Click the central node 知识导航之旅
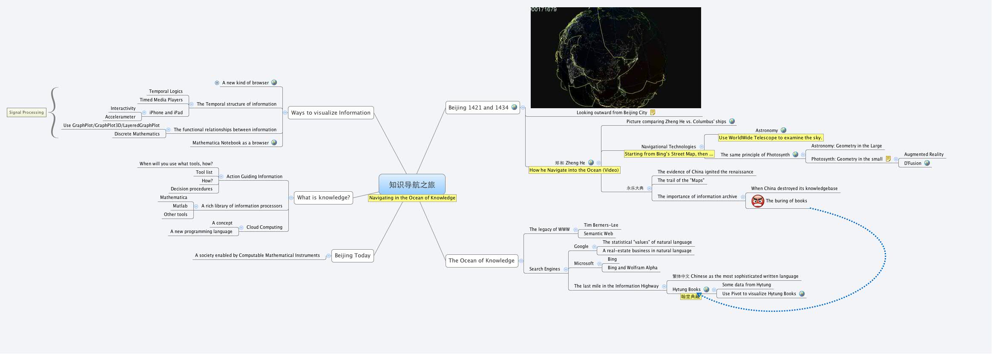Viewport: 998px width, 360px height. [411, 184]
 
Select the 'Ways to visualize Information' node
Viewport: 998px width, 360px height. [331, 113]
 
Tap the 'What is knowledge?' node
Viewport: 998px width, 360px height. [323, 198]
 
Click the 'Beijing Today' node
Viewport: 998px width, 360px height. [352, 256]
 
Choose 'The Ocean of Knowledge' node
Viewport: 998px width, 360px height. [481, 261]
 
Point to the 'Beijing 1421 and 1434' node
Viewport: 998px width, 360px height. [478, 108]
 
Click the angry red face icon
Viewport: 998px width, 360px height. [757, 201]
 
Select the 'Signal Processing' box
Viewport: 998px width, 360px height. [26, 112]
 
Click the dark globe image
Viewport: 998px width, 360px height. [615, 58]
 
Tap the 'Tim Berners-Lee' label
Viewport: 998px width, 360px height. [601, 225]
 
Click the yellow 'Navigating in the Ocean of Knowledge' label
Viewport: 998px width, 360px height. [412, 198]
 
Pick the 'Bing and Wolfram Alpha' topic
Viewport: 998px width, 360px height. [632, 268]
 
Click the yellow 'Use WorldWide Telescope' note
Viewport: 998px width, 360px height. [770, 138]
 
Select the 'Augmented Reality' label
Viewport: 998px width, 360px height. [923, 155]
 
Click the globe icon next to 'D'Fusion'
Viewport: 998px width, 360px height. [927, 163]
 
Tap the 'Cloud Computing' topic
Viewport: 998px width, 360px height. [264, 228]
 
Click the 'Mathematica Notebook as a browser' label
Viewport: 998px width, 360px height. [230, 143]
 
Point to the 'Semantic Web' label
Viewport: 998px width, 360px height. [598, 234]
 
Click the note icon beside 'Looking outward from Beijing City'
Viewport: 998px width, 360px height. [652, 112]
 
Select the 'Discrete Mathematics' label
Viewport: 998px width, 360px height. [137, 134]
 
